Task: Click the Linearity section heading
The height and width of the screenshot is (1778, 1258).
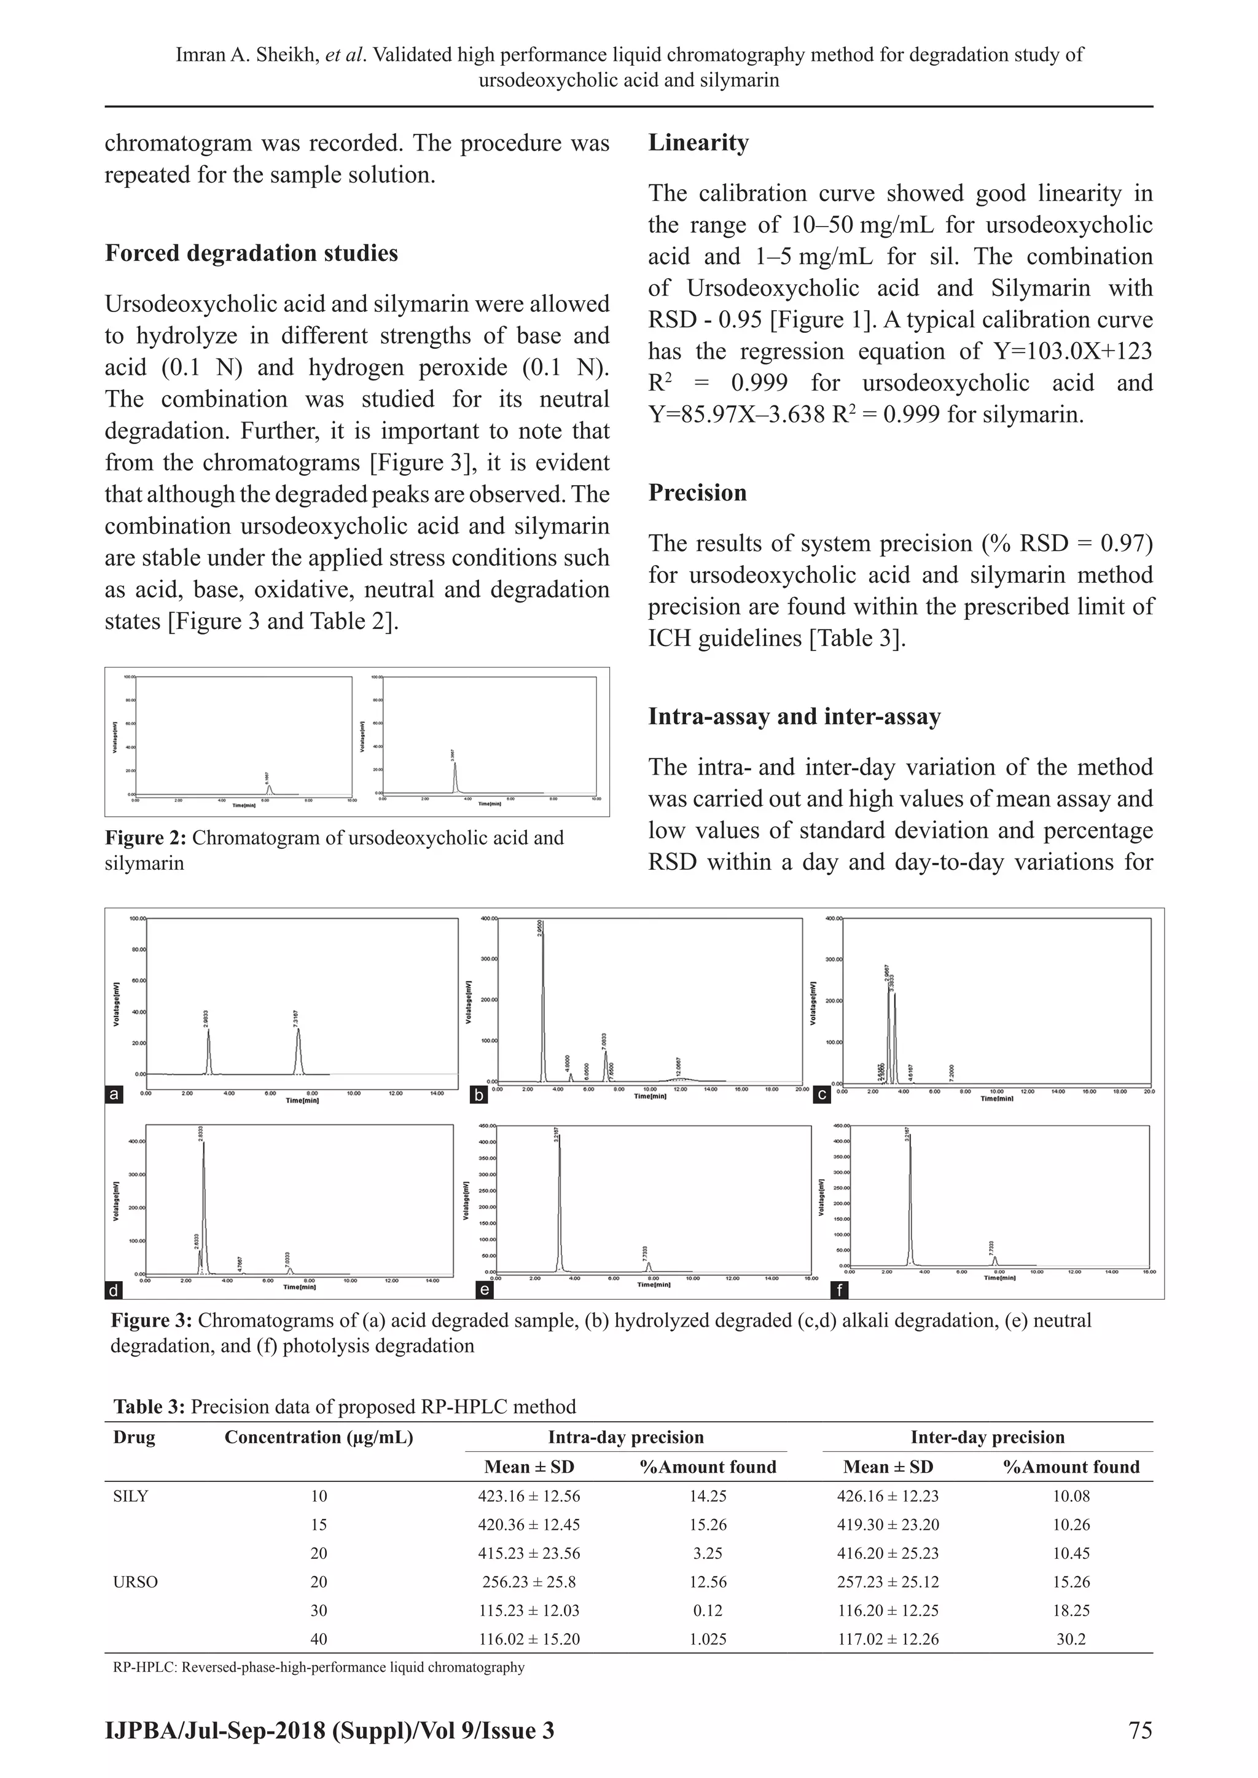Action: click(698, 143)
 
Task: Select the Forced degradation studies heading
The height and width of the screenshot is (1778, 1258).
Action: click(251, 253)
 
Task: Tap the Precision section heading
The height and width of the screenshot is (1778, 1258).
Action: click(697, 493)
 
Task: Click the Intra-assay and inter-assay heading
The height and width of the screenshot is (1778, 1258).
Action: click(794, 716)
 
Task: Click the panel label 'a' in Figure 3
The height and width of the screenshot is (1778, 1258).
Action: click(114, 1095)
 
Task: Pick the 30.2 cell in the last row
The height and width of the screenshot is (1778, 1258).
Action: click(1071, 1639)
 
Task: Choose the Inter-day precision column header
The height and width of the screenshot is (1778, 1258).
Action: click(987, 1437)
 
